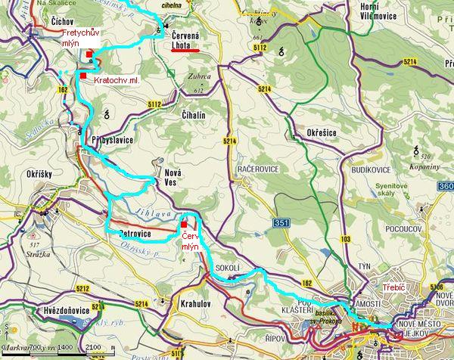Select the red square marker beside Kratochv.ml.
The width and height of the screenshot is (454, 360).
tap(82, 76)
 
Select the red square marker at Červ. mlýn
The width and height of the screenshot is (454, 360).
tap(183, 224)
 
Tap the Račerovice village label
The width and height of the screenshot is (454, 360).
tap(260, 169)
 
